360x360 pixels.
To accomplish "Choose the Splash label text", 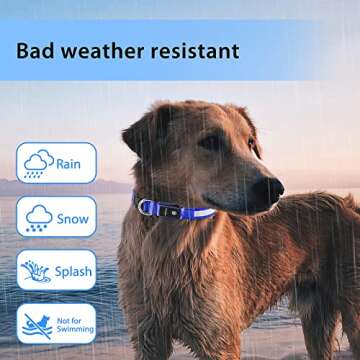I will click(74, 270).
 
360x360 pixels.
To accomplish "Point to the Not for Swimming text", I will click(74, 323).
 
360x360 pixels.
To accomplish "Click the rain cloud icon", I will click(39, 162).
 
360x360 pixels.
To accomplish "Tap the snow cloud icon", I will click(39, 216).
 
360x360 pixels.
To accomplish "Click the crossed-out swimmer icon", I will click(38, 323).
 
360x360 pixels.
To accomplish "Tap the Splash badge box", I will click(56, 270).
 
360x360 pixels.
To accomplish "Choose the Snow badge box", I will click(56, 216).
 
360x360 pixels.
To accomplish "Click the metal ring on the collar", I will click(148, 206).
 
